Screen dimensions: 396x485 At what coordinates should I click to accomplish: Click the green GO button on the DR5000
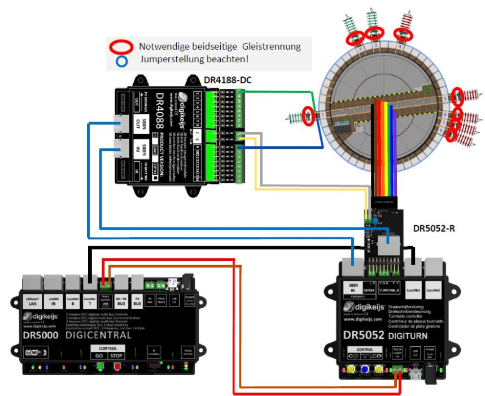click(100, 367)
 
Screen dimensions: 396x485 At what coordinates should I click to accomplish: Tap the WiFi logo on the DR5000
click(34, 352)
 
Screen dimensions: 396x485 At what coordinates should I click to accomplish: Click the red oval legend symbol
click(123, 46)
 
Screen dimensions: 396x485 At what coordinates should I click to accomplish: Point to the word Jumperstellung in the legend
click(167, 59)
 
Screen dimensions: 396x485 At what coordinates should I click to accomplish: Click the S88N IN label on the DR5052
click(354, 287)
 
